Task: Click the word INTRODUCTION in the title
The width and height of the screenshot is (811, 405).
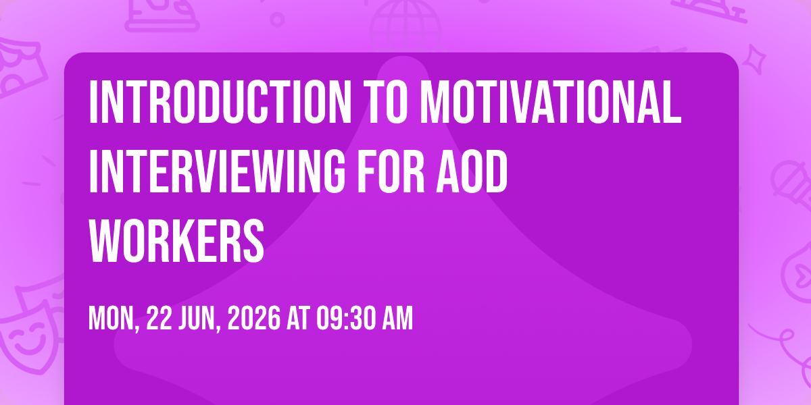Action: click(x=220, y=102)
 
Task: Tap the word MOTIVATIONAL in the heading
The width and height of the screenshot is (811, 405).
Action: click(x=550, y=102)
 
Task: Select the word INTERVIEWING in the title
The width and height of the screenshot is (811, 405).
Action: click(x=217, y=171)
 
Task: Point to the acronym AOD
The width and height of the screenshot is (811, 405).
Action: click(x=472, y=171)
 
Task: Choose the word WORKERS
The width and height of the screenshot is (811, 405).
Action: click(x=176, y=241)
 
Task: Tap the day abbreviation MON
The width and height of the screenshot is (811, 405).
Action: click(x=114, y=318)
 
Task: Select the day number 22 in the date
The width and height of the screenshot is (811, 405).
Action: click(x=159, y=318)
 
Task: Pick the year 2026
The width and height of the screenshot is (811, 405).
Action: click(x=254, y=318)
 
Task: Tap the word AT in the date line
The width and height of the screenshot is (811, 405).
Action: click(x=299, y=318)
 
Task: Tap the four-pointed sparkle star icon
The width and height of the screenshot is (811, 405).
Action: click(x=754, y=59)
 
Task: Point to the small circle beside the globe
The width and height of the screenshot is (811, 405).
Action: click(x=277, y=20)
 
